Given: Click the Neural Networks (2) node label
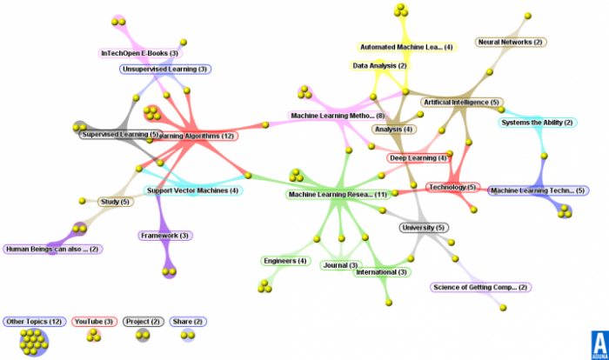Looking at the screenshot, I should point(511,42).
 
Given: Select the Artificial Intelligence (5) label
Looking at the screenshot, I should point(461,103).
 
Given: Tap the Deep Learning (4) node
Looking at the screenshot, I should point(418,158).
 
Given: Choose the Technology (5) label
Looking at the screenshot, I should point(452,187).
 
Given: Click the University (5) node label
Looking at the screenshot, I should point(423,228).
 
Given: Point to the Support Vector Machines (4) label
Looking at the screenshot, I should point(192,190).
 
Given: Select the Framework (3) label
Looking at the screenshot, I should point(164,236).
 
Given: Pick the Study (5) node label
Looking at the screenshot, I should point(114,202).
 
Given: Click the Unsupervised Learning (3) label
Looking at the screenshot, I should point(165,69).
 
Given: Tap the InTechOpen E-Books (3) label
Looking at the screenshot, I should point(139,53).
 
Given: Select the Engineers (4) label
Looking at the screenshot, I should point(285,261).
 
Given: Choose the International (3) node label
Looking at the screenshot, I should point(381,272).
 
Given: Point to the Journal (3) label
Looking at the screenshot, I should point(340,265).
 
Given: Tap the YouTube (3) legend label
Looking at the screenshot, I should point(94,322).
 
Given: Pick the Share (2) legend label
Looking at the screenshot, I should point(187,322).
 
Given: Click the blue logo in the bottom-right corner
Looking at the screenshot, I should point(599,343).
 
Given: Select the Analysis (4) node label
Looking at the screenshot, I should point(393,130).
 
